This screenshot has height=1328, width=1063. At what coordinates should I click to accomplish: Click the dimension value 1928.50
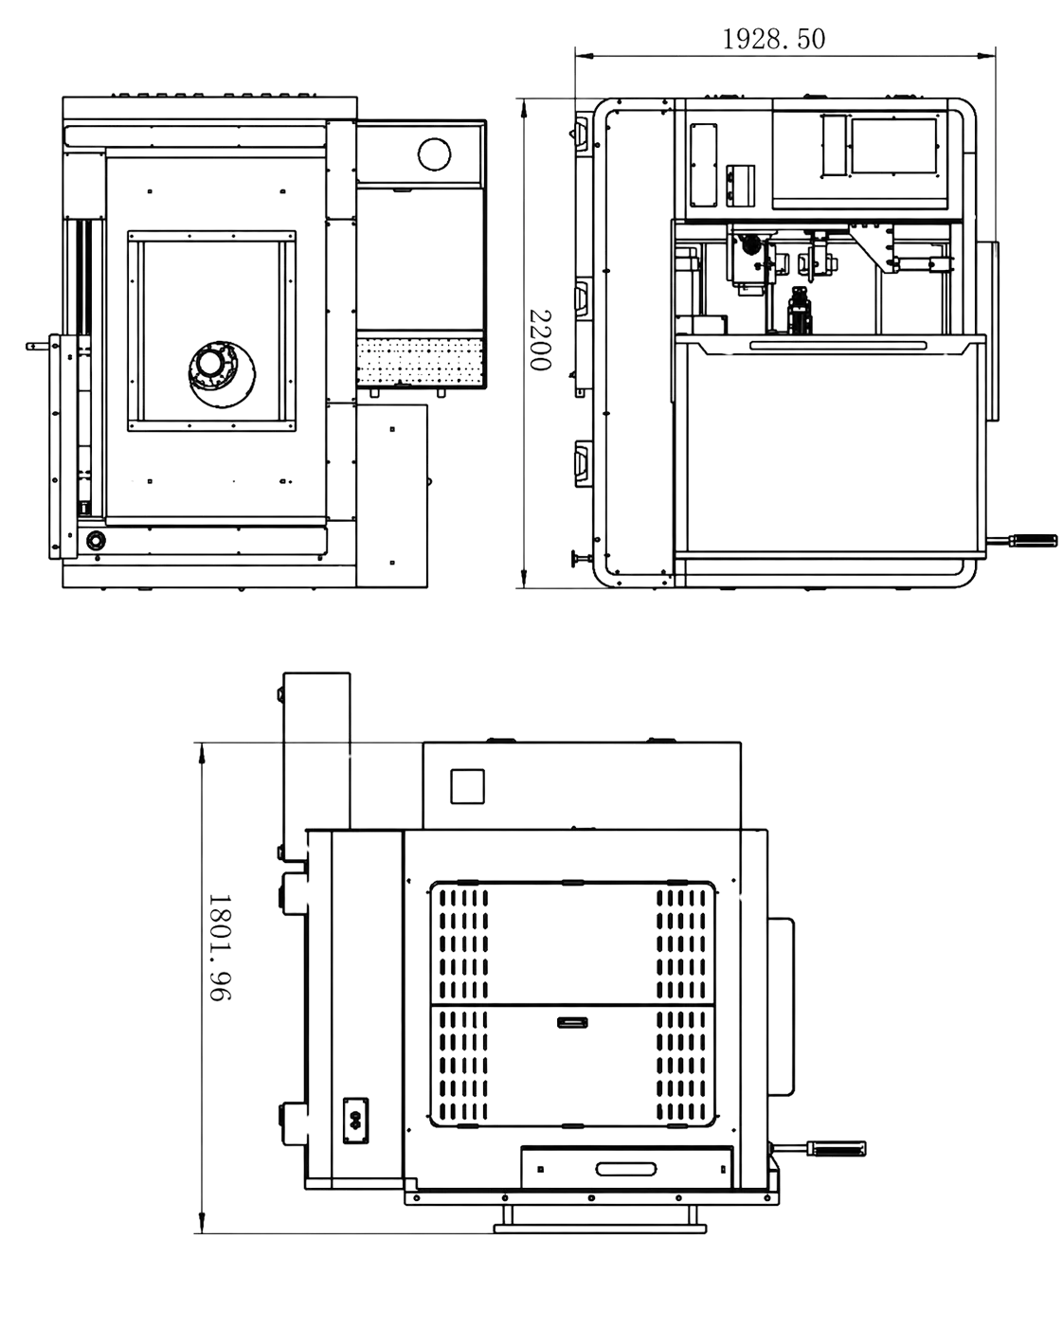tap(773, 40)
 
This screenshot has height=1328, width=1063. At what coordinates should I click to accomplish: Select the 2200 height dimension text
tap(540, 340)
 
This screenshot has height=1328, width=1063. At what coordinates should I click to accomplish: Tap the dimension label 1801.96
tap(219, 947)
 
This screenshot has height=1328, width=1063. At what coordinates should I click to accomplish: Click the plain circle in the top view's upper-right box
tap(434, 153)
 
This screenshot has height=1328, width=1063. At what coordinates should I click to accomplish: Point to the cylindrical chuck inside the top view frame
tap(222, 373)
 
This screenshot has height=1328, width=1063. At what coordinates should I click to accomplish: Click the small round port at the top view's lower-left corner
tap(96, 541)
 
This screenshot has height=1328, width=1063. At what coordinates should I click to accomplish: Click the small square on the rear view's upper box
tap(467, 786)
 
